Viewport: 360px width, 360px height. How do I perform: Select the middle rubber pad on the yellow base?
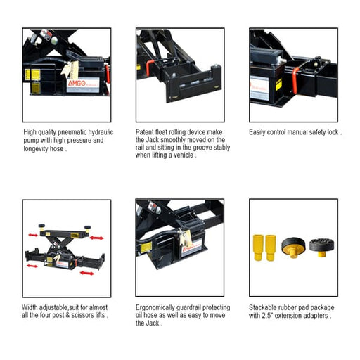(x=291, y=247)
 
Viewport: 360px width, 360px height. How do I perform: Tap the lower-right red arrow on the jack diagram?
(x=87, y=271)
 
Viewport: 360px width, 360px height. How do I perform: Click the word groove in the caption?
(x=202, y=148)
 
